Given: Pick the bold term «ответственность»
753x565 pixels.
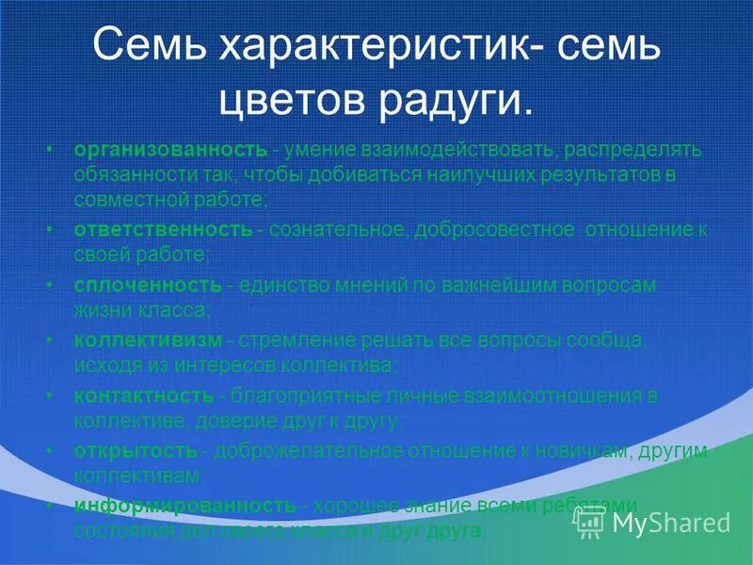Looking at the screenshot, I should coord(163,230).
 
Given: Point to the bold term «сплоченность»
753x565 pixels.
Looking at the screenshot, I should coord(149,284).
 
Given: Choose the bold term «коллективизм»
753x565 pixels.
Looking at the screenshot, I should coord(149,339).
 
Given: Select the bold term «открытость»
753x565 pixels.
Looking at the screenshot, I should coord(136,450).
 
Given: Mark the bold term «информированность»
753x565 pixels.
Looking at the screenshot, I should coord(185,506).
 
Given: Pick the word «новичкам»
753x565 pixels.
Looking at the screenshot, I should coord(583,450).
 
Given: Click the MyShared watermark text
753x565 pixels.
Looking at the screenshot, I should coord(671,522).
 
